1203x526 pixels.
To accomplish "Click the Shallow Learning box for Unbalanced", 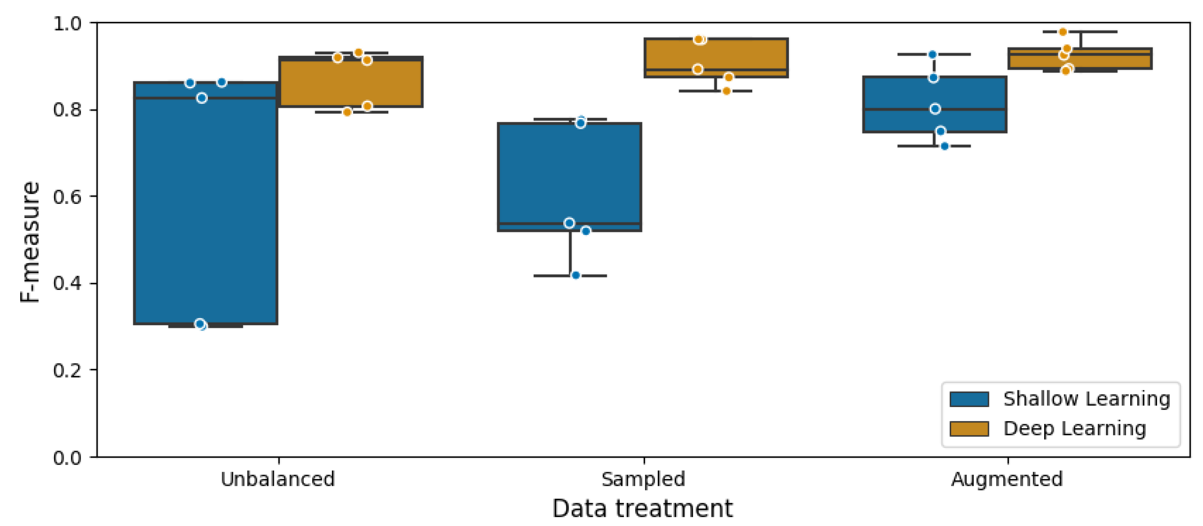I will coord(205,210).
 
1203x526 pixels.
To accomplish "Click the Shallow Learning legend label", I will coord(1087,399).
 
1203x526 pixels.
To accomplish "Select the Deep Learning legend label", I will coord(1074,428).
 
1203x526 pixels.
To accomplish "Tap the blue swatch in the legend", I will coord(969,399).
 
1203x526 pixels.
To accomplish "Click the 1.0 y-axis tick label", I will coord(67,23).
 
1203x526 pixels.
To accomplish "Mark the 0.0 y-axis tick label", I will coord(67,458).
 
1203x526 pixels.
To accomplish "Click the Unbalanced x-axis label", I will coord(278,479).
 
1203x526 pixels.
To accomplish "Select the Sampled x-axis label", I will coord(643,479).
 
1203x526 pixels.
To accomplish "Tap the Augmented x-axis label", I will coord(1007,479).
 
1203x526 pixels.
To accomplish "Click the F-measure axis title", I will coord(30,242).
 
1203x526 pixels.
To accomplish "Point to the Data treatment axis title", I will coord(642,508).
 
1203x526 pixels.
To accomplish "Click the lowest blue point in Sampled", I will coord(576,275).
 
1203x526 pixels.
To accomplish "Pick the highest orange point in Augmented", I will coord(1063,32).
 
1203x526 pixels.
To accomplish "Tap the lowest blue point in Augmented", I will coord(944,146).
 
